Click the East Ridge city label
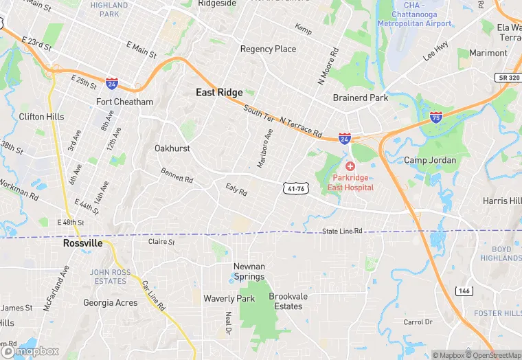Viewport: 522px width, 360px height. (219, 92)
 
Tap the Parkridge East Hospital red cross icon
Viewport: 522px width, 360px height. (350, 167)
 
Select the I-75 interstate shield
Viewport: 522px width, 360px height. (436, 117)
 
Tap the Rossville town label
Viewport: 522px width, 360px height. (82, 243)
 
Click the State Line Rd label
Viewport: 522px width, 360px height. (342, 232)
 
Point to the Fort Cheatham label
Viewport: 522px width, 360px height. (124, 102)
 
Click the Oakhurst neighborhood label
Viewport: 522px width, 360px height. (172, 148)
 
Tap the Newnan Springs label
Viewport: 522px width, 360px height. (249, 271)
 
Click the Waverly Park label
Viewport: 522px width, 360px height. (229, 298)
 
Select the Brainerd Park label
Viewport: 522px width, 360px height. (361, 98)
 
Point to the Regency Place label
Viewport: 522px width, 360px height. (268, 49)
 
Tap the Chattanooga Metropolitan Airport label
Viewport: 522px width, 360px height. (414, 18)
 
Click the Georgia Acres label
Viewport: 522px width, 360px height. (110, 302)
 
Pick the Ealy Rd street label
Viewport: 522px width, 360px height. (236, 189)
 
